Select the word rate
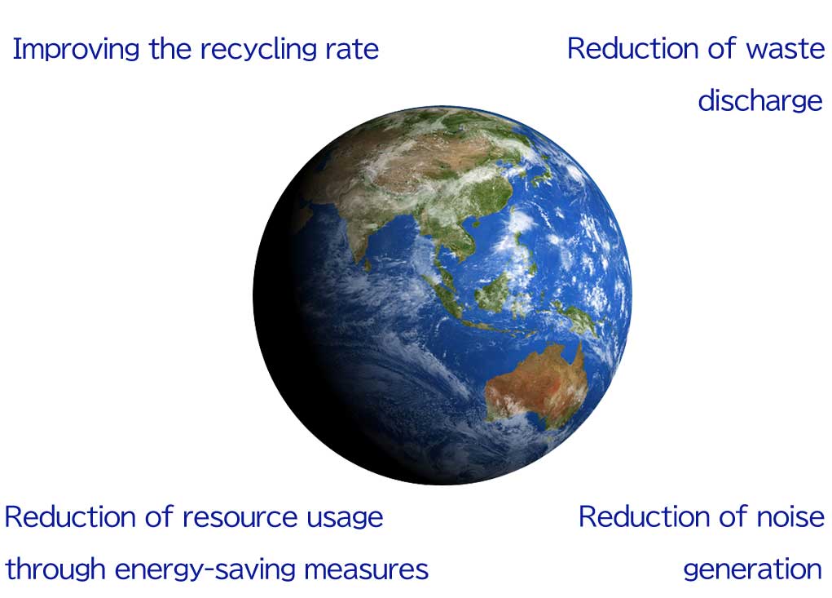pos(352,50)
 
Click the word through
pos(55,569)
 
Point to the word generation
pos(753,569)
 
